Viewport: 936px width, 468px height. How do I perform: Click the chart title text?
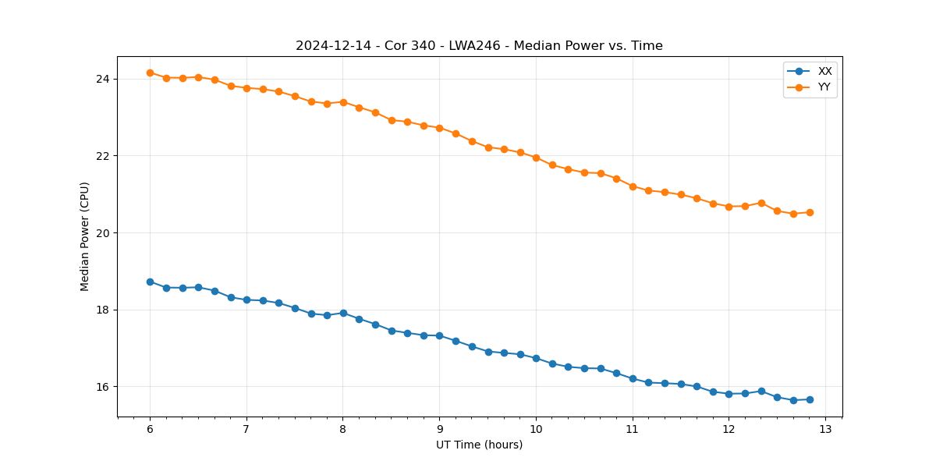(479, 46)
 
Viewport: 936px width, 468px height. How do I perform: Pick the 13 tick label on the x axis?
(825, 430)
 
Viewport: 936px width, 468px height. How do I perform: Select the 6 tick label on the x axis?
(150, 430)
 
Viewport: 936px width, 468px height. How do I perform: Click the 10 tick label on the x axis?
(536, 430)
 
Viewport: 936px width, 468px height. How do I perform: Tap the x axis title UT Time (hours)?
(479, 445)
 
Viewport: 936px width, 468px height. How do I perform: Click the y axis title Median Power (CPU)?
(85, 236)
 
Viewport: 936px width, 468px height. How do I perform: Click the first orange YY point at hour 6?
(150, 73)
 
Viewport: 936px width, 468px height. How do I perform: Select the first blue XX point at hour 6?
(150, 282)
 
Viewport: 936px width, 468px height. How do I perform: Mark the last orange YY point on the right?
(810, 212)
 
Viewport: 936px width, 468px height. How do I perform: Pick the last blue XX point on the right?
(810, 399)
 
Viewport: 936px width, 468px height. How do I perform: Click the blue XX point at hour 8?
(343, 313)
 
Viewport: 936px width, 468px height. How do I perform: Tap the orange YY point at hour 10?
(536, 158)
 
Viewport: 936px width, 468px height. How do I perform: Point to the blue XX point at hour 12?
(729, 394)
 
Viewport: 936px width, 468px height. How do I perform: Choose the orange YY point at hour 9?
(439, 128)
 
